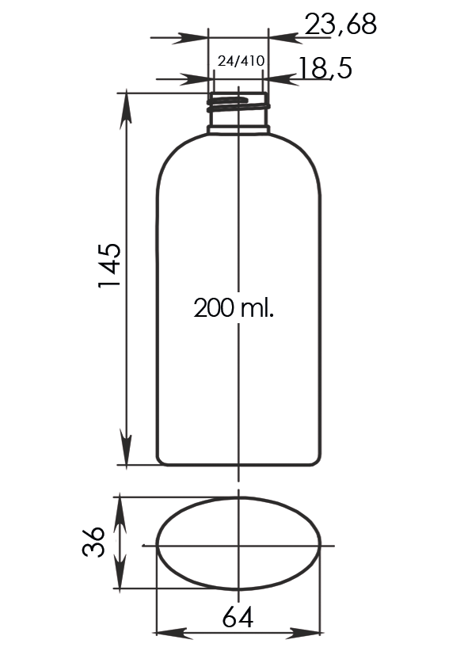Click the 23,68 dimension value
click(x=341, y=25)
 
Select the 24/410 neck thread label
click(x=241, y=61)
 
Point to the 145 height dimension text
click(x=110, y=265)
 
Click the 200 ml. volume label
click(x=234, y=308)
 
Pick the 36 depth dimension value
click(x=93, y=541)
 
